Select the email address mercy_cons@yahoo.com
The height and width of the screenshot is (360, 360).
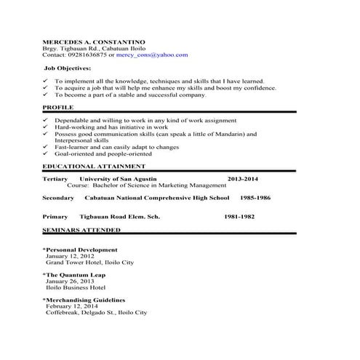coord(156,55)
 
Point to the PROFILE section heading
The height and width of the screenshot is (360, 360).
coord(58,107)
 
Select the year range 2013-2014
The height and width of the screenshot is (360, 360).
coord(242,179)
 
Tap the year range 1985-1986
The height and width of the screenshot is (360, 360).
coord(255,198)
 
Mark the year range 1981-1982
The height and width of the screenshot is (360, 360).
coord(239,217)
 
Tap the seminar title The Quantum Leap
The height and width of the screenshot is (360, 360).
coord(75,275)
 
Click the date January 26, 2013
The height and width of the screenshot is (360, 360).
coord(71,281)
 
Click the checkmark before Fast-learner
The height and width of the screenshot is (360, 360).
coord(46,147)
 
